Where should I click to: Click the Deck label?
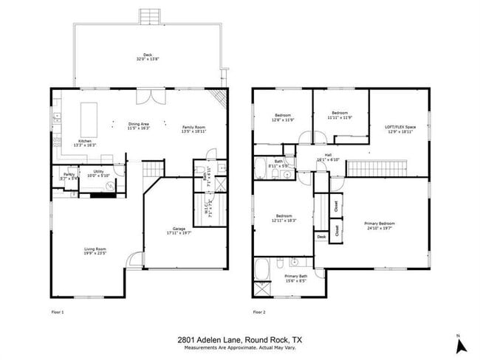tap(147, 53)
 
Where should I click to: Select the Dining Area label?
tap(139, 124)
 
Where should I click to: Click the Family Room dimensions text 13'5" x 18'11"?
tap(193, 131)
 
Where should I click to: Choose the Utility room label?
tap(98, 172)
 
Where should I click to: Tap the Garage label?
tap(179, 229)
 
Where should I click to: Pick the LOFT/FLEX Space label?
tap(401, 127)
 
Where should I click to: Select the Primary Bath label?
tap(295, 277)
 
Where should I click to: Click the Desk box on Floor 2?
tap(321, 237)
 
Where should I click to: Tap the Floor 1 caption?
tap(57, 312)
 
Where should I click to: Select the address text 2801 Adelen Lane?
tap(212, 339)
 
